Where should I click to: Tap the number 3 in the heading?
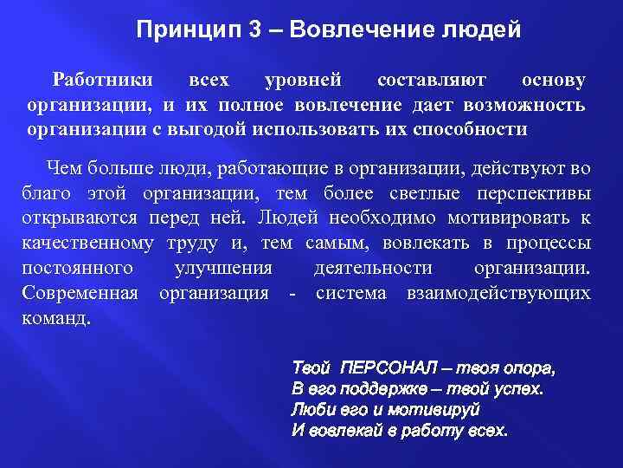tap(254, 31)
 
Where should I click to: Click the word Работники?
tap(103, 81)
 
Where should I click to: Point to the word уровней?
tap(303, 81)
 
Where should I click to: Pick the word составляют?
tap(432, 81)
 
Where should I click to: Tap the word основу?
tap(553, 81)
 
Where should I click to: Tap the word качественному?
tap(87, 243)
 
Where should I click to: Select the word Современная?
tap(80, 293)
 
